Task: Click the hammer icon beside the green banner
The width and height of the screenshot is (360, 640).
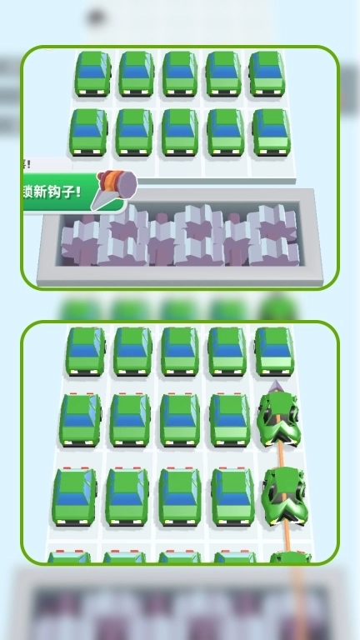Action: click(115, 186)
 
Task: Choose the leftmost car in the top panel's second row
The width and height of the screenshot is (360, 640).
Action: click(88, 132)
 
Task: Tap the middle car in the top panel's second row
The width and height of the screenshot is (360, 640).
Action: click(179, 132)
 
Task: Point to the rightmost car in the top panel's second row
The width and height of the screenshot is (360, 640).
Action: click(271, 132)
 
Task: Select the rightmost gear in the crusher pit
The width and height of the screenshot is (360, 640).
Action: click(272, 233)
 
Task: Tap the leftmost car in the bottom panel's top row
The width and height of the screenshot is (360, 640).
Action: click(86, 351)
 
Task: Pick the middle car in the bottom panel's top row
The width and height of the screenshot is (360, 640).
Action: click(179, 351)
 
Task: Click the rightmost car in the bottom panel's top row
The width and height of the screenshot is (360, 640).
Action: click(273, 351)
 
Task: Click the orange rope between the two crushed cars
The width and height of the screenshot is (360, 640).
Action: click(281, 456)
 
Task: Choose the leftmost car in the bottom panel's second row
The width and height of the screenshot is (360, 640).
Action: click(81, 418)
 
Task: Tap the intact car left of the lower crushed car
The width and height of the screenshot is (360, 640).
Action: click(232, 496)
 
